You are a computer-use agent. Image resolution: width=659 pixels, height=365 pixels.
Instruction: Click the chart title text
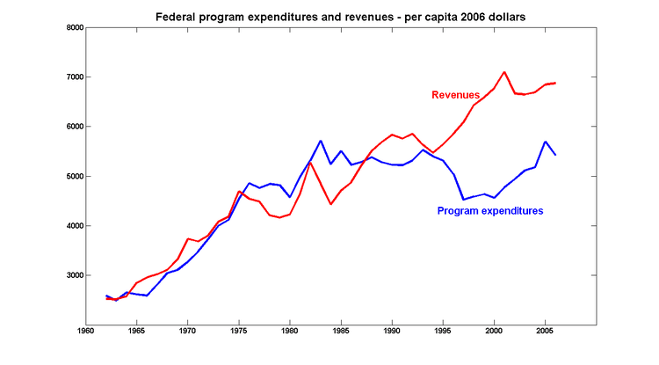coord(329,16)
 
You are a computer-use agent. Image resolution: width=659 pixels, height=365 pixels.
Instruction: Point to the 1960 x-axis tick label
coord(85,332)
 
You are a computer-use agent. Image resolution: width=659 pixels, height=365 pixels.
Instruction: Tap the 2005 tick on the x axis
coord(545,332)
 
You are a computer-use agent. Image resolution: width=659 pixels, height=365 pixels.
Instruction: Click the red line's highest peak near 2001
coord(504,72)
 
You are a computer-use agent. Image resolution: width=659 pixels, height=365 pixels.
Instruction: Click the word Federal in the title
coord(175,16)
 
